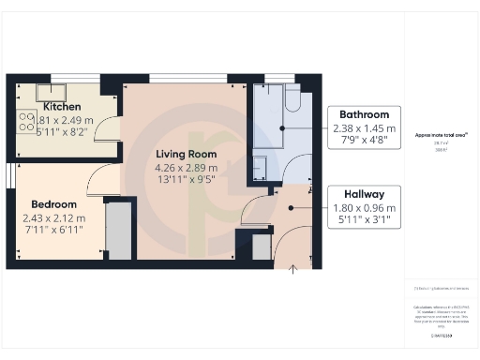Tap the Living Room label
(186, 154)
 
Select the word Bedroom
(52, 204)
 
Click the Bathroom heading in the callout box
(363, 114)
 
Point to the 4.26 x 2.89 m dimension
(186, 168)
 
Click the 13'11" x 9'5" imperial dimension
(186, 181)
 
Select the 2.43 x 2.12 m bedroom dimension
(53, 218)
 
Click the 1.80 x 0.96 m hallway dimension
(361, 207)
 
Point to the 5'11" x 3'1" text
(361, 220)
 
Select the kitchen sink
(51, 92)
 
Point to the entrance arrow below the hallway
(293, 271)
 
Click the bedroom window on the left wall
(8, 175)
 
